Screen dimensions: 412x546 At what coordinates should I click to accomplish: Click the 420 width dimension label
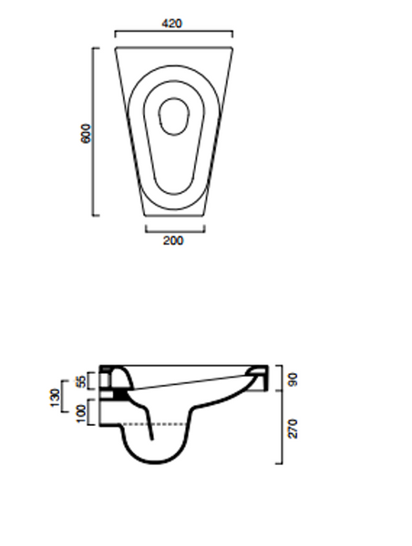[x=172, y=24]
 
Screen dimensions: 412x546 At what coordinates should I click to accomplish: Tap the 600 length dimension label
[x=86, y=133]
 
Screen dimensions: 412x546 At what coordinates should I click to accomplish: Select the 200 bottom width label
[x=173, y=240]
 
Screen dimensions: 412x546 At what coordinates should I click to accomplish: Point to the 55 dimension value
[x=80, y=381]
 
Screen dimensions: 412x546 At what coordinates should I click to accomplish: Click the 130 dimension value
[x=55, y=398]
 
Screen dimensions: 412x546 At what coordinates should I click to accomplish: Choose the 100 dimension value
[x=80, y=414]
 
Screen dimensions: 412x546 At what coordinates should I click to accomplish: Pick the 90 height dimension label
[x=293, y=379]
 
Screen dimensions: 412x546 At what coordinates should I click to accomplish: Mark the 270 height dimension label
[x=293, y=429]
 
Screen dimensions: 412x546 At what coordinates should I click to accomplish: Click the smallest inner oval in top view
[x=174, y=116]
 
